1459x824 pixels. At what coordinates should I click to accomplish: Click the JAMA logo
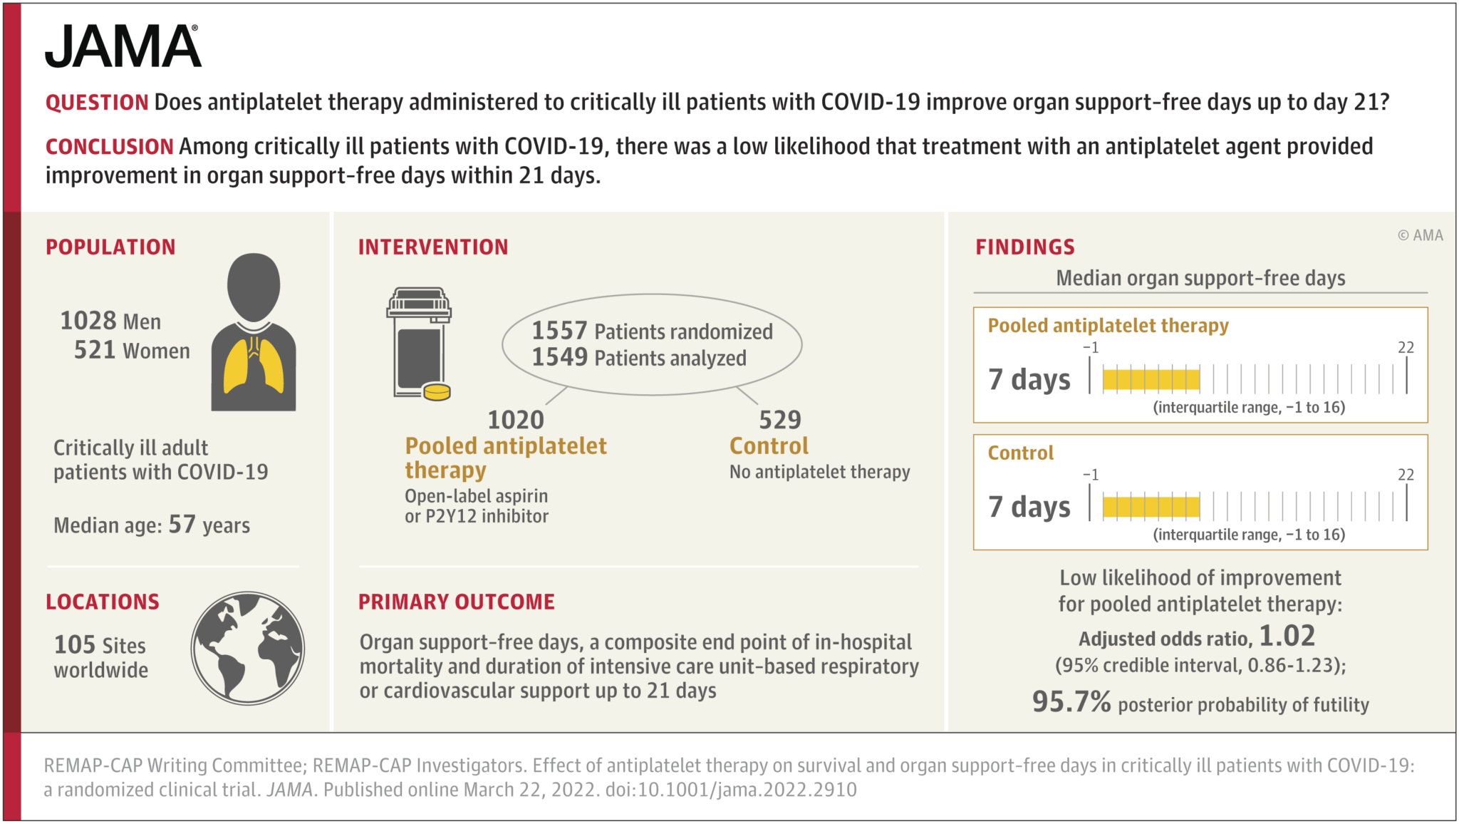[x=123, y=47]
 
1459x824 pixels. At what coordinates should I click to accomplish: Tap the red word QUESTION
[x=97, y=103]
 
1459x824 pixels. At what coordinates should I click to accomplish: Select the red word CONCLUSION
[x=109, y=147]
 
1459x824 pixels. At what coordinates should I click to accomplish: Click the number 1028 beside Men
[x=88, y=321]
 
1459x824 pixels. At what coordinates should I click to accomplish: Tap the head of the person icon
[x=254, y=287]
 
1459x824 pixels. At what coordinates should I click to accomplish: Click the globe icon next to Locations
[x=247, y=648]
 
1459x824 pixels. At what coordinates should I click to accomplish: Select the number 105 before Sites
[x=74, y=645]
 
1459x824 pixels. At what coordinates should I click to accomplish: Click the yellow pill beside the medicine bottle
[x=437, y=391]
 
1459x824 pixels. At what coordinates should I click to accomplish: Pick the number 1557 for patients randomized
[x=559, y=331]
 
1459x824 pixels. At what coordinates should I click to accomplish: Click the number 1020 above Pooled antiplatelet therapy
[x=515, y=420]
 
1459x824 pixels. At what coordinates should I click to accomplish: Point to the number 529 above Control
[x=779, y=420]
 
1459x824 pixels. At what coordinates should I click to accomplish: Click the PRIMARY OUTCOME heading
[x=456, y=602]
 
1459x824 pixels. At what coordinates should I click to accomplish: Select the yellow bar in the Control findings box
[x=1151, y=506]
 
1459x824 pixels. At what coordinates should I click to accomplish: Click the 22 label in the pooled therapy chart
[x=1405, y=348]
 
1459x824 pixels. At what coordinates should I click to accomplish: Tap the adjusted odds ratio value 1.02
[x=1287, y=636]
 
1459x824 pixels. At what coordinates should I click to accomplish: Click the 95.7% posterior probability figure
[x=1071, y=702]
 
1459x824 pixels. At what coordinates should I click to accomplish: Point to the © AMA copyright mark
[x=1420, y=235]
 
